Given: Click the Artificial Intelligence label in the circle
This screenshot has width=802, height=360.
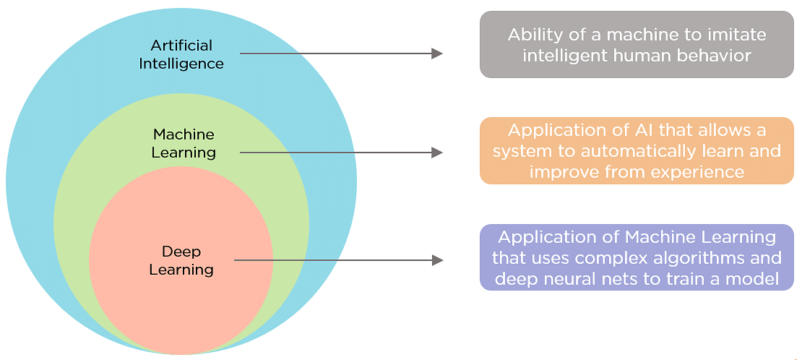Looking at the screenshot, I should (181, 54).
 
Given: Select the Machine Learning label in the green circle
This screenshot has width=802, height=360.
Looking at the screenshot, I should (184, 143).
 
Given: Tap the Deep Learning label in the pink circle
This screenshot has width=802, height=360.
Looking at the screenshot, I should (181, 260).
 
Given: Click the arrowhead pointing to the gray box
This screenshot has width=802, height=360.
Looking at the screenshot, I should (436, 53).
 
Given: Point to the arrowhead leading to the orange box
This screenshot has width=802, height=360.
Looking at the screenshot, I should (436, 153).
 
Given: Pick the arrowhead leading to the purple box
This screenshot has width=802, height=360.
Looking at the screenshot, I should (437, 260).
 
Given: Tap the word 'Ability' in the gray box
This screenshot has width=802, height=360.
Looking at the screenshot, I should (535, 35).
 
